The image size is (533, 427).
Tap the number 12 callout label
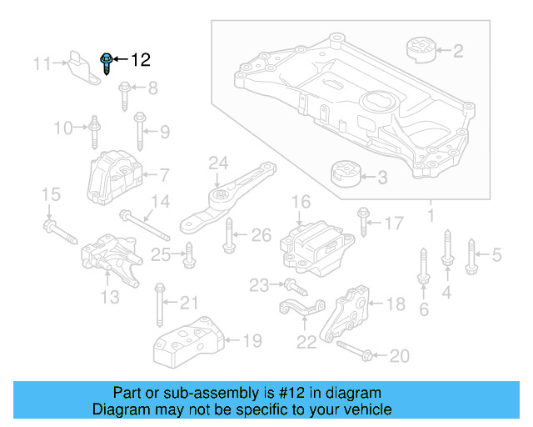(x=140, y=60)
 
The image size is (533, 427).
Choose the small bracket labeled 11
(x=82, y=66)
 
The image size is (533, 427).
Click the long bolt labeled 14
(x=144, y=226)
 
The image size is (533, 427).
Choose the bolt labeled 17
(x=364, y=221)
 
